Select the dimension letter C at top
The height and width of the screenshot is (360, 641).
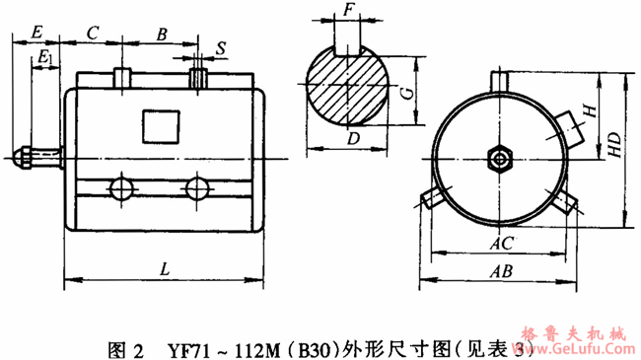(x=92, y=32)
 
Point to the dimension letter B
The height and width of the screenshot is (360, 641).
(x=161, y=32)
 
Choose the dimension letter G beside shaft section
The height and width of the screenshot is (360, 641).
(x=404, y=93)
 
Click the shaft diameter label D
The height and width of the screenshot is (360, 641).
(x=353, y=138)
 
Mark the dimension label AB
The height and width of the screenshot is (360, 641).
(x=503, y=269)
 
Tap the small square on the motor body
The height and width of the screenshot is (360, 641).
(x=159, y=125)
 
